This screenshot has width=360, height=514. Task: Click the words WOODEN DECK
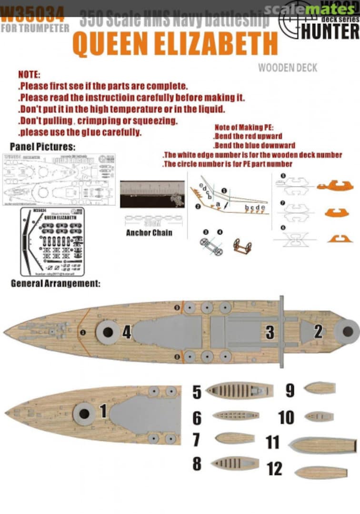coord(287,68)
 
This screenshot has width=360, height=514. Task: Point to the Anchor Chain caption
coord(149,233)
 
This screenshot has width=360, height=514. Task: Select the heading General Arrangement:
coord(55,284)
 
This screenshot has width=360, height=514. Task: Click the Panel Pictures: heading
coord(42,146)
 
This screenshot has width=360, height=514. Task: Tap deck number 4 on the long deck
coord(127,331)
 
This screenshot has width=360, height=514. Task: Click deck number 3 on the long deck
coord(270,332)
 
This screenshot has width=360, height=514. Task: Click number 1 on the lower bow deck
coord(102,411)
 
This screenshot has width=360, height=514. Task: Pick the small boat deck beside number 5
coord(240,391)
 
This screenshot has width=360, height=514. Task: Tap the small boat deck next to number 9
coord(320,388)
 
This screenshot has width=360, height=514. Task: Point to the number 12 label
coord(274,469)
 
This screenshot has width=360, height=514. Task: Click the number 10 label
coord(286,417)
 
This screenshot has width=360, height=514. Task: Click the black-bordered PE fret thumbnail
coord(52,241)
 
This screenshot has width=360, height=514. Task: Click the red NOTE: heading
coord(29,75)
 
